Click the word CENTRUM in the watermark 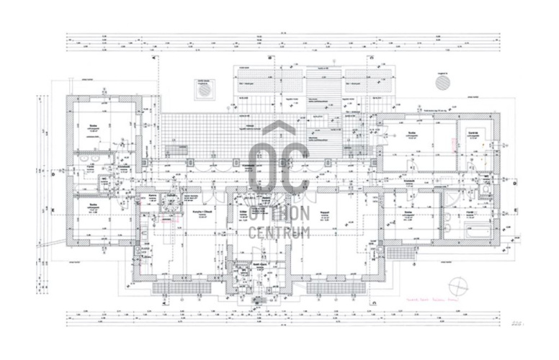coord(279,232)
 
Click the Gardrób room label coord(473,134)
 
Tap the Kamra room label coord(153,195)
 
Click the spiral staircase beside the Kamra coord(173,201)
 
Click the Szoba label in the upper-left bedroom coord(94,125)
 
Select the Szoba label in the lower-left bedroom coord(94,204)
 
